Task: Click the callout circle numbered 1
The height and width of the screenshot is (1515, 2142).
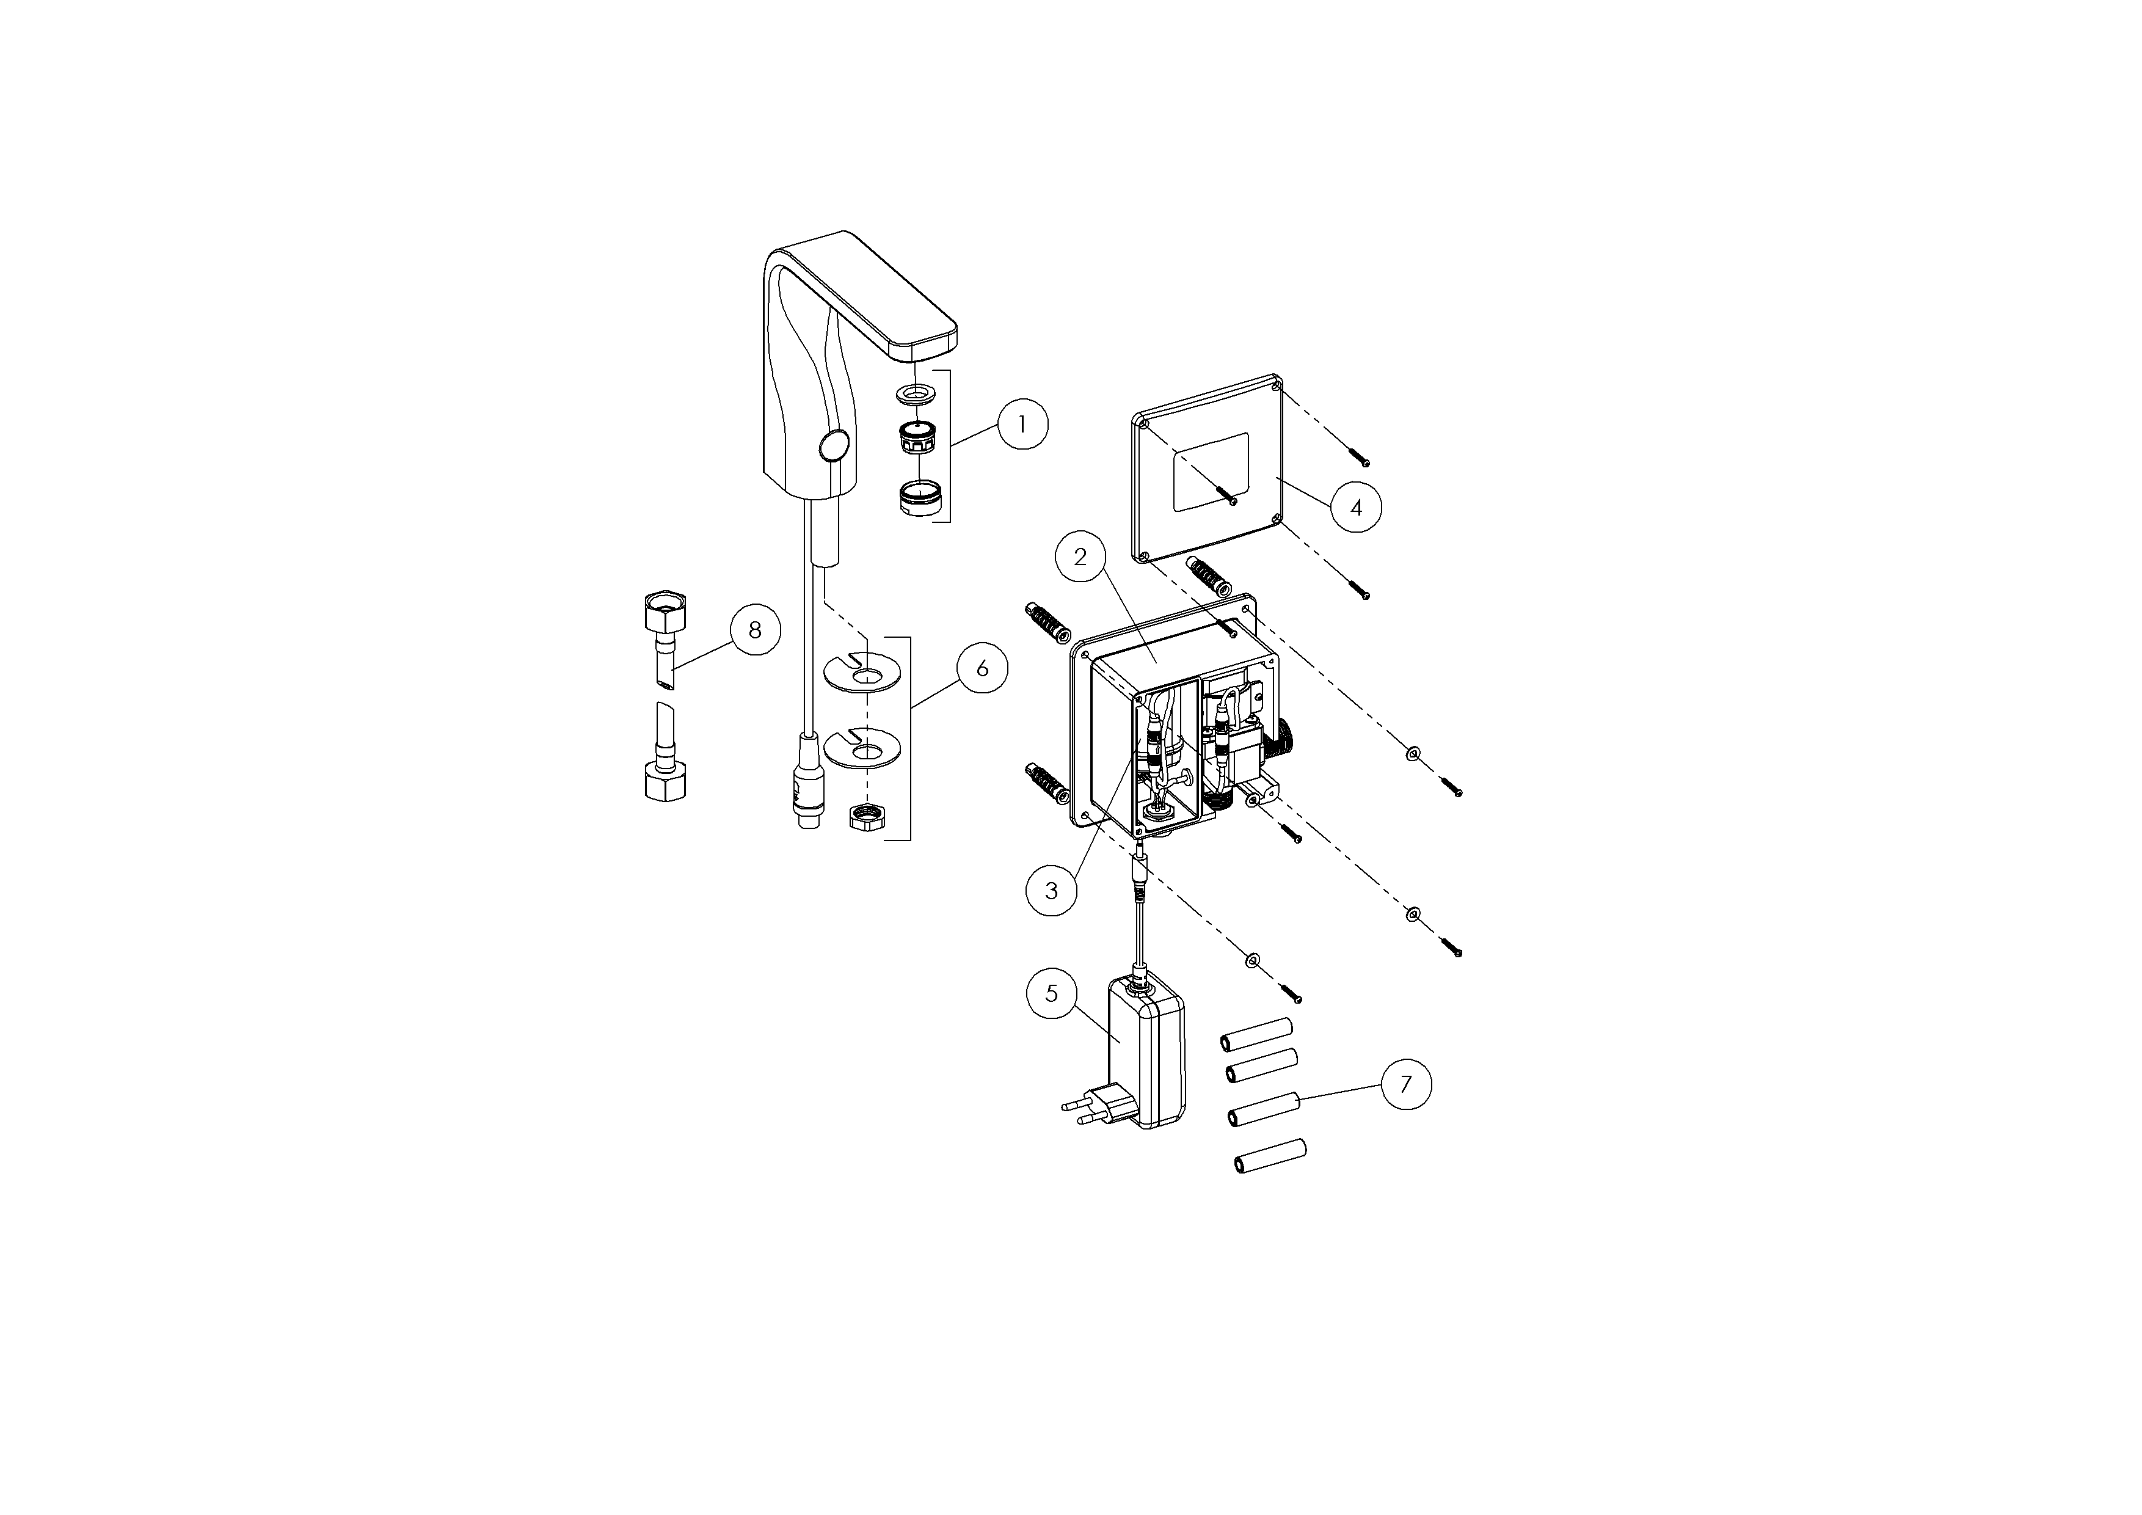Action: click(x=1022, y=425)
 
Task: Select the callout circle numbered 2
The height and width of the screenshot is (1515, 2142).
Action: click(x=1081, y=557)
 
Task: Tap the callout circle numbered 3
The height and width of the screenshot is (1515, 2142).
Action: click(x=1051, y=891)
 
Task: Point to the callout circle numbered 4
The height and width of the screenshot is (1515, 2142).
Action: click(x=1357, y=506)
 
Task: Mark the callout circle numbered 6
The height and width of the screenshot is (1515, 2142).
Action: click(x=982, y=668)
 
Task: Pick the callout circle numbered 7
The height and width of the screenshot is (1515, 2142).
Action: click(x=1406, y=1083)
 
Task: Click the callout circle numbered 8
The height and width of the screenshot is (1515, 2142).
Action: click(x=755, y=630)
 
